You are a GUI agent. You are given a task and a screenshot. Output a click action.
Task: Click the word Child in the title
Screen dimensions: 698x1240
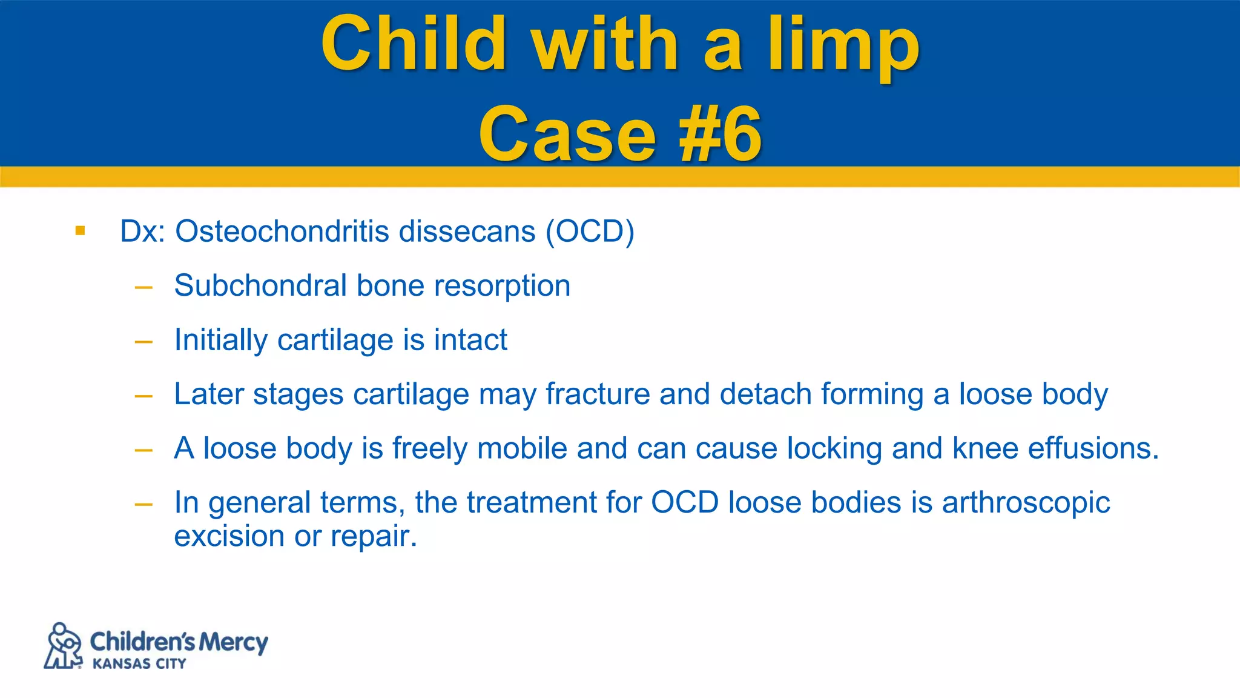[414, 44]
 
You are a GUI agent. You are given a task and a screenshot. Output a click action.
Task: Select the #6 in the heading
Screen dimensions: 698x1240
[720, 135]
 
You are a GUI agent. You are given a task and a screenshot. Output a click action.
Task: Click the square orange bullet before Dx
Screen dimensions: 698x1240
[80, 230]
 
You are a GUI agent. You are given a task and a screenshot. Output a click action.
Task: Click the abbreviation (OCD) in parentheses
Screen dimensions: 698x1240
[590, 231]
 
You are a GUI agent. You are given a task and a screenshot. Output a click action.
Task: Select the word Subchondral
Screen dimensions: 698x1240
[260, 285]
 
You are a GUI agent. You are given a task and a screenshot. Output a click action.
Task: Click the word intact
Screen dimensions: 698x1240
[470, 339]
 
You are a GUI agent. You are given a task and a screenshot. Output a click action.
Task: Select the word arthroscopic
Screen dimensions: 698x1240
[1026, 503]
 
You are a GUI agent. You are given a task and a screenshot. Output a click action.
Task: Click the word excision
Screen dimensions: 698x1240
[229, 536]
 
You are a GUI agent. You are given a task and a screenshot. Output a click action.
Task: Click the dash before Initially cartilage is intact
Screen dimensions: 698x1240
[143, 342]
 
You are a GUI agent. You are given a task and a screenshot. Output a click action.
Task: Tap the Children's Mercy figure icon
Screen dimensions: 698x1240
[63, 646]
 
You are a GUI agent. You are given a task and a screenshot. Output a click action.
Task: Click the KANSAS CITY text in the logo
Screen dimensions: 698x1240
[139, 664]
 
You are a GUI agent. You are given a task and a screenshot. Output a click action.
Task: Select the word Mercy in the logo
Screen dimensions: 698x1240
[233, 642]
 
